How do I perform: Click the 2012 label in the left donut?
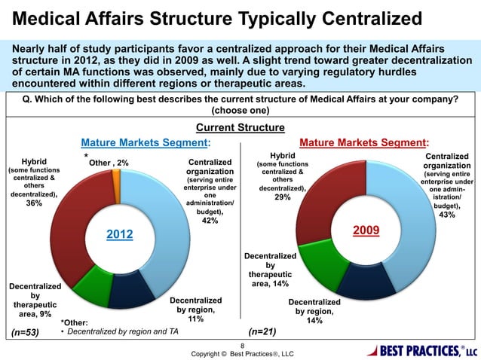coord(119,235)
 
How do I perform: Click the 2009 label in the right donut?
coord(366,229)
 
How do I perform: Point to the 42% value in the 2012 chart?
coord(210,221)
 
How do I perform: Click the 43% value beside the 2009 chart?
coord(448,215)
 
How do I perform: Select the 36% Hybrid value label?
coord(34,203)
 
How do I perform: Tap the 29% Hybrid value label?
coord(281,197)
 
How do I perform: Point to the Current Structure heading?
coord(240,128)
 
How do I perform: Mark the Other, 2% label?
coord(109,163)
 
